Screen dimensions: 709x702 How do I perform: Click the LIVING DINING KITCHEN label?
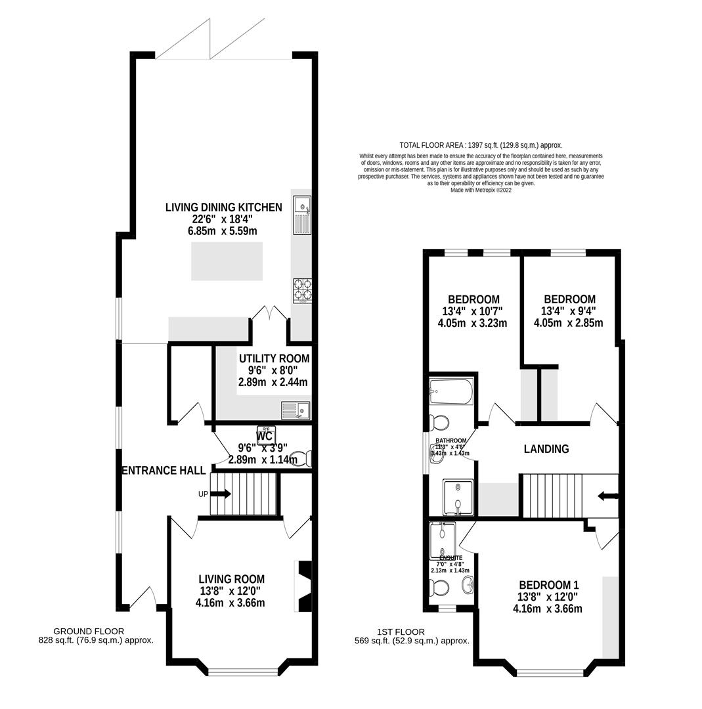tap(223, 207)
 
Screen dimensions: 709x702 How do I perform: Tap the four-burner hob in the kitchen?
tap(302, 290)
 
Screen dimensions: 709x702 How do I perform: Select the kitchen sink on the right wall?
tap(302, 215)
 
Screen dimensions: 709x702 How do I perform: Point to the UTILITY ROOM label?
tap(274, 359)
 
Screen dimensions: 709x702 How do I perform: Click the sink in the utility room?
tap(296, 411)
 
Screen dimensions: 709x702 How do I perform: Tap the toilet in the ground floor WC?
tap(299, 458)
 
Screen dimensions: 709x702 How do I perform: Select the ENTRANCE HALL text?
tap(164, 471)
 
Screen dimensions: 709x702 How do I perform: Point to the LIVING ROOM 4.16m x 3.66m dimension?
tap(230, 603)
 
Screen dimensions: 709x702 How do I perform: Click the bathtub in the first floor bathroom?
tap(450, 393)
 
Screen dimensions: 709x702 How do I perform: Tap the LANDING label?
tap(546, 449)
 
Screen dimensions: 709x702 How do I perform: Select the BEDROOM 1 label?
tap(548, 585)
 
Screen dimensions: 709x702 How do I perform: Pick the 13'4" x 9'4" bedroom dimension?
tap(569, 311)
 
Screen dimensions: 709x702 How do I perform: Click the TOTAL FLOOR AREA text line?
tap(481, 145)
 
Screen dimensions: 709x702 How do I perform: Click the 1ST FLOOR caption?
tap(401, 632)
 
